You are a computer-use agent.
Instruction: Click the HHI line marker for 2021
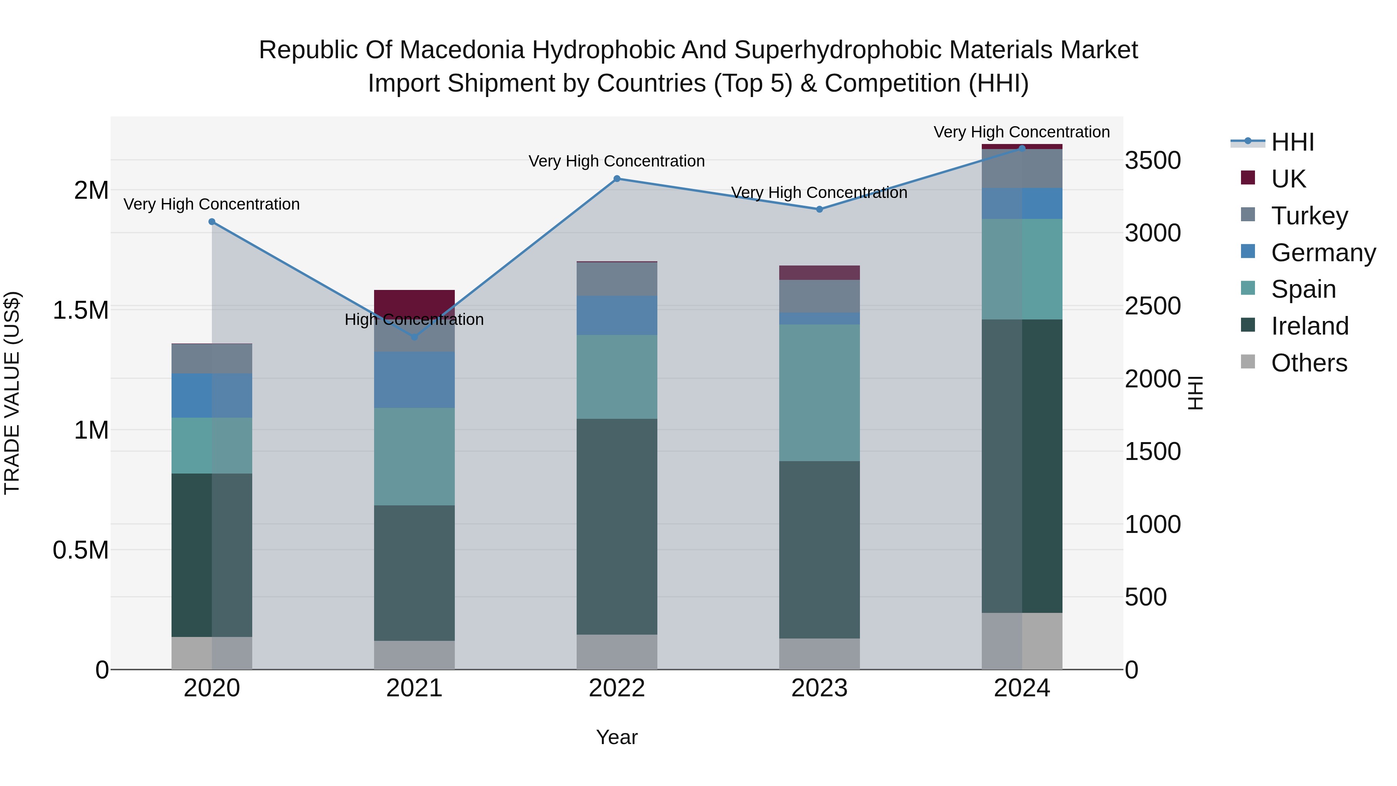pos(414,337)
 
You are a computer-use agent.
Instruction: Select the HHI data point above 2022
pos(617,179)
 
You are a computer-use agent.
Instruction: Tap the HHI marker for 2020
pos(211,221)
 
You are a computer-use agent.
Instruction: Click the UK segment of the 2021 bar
pos(414,302)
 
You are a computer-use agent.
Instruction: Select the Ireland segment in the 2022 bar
pos(617,526)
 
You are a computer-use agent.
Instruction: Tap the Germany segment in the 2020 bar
pos(211,396)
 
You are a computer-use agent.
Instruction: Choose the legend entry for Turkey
pos(1309,215)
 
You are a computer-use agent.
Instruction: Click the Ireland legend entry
pos(1309,326)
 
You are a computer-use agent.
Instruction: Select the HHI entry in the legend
pos(1292,142)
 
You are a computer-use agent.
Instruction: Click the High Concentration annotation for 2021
pos(414,319)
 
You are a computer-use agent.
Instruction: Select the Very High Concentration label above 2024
pos(1021,132)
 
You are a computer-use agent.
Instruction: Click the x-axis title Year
pos(617,737)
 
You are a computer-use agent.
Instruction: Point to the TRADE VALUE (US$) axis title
pos(12,393)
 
